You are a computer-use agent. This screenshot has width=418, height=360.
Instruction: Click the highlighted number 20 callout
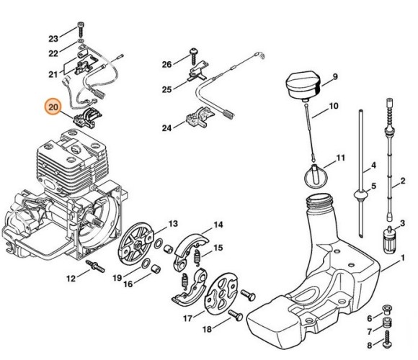point(53,107)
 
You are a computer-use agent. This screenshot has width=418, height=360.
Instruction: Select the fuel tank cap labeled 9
point(303,86)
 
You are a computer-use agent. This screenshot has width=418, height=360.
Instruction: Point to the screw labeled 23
point(81,30)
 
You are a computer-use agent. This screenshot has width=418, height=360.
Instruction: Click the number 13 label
point(173,223)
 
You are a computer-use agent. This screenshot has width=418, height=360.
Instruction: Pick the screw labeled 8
point(387,339)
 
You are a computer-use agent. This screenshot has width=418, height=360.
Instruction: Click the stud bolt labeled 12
point(95,266)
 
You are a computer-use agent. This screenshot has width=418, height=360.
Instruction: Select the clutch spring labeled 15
point(197,258)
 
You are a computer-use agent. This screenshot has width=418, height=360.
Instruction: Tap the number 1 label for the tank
point(403,258)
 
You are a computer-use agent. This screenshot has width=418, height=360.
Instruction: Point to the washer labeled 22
point(81,41)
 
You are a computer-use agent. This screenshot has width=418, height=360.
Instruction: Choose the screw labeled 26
point(193,56)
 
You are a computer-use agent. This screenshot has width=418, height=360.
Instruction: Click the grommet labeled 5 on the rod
point(360,195)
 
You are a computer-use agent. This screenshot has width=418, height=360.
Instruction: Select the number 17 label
point(187,318)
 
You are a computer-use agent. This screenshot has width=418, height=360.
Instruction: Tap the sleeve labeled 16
point(156,269)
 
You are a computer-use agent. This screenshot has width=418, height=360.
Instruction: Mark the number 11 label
point(340,158)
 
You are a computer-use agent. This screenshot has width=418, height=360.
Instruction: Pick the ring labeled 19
point(146,264)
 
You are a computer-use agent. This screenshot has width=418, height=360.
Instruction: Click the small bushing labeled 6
point(387,309)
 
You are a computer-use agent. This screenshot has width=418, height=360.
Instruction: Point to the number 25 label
point(167,89)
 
